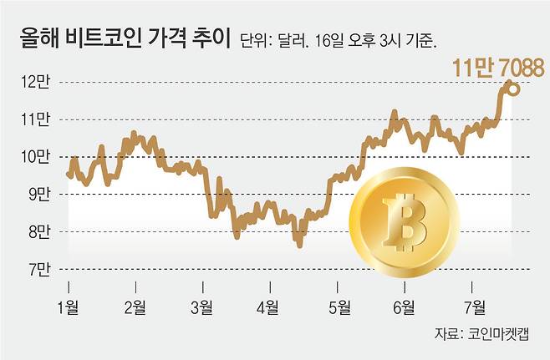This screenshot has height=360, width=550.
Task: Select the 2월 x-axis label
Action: click(x=135, y=307)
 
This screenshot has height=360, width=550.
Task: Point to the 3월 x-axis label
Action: click(x=201, y=307)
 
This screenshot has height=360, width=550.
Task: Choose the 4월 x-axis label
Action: click(x=269, y=307)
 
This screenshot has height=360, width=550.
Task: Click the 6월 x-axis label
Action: click(x=405, y=307)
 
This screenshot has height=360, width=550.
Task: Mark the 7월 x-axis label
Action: click(x=473, y=307)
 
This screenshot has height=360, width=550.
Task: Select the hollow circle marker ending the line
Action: click(x=513, y=88)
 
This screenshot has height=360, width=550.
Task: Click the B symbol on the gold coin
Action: click(x=403, y=225)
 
